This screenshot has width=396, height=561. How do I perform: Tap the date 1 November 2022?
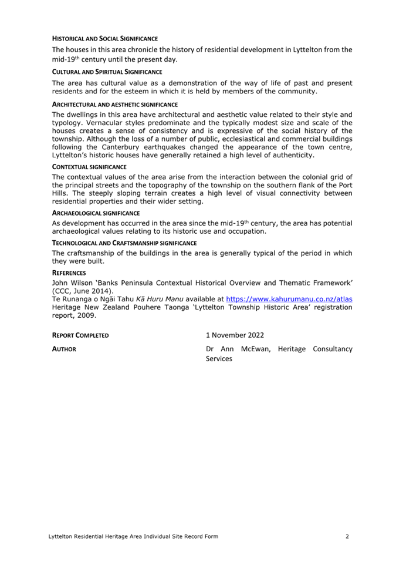pyautogui.click(x=235, y=335)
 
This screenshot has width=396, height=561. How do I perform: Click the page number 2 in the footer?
pyautogui.click(x=347, y=536)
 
